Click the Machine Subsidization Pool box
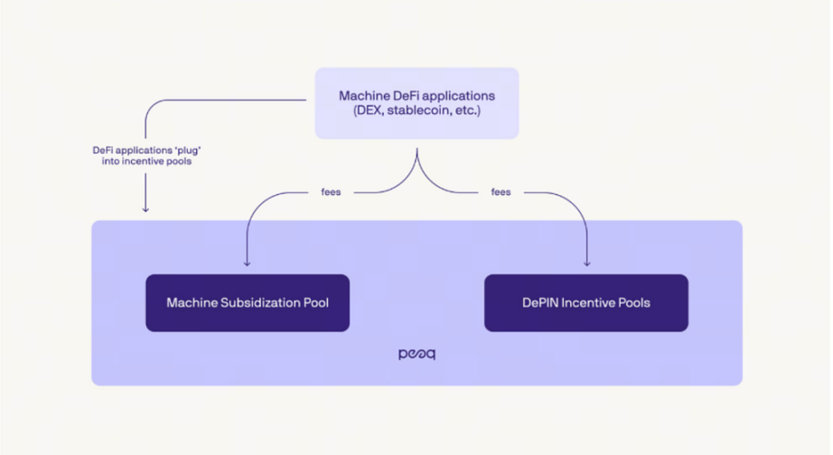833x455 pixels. click(248, 303)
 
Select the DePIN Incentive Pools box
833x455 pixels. click(586, 303)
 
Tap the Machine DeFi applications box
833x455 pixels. click(416, 103)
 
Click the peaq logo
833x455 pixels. click(416, 354)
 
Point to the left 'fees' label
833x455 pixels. click(331, 192)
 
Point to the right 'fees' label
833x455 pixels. click(501, 192)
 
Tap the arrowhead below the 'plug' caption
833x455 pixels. click(145, 209)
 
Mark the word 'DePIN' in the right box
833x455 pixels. click(540, 303)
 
